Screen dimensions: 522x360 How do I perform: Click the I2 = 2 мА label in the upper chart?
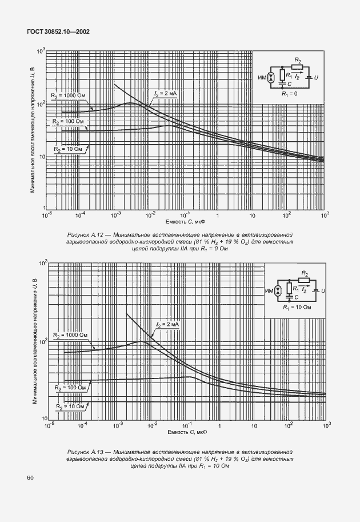click(x=166, y=92)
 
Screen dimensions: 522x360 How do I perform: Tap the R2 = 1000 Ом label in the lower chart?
click(x=71, y=335)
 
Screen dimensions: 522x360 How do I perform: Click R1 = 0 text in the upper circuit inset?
click(x=289, y=93)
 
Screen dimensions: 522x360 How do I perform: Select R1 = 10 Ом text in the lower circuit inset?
click(x=296, y=307)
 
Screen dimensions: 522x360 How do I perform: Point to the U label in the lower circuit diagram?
click(x=323, y=291)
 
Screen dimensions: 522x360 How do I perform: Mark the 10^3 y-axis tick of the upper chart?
click(x=41, y=51)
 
